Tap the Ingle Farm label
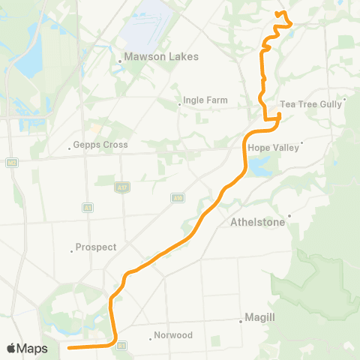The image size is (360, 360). (x=199, y=98)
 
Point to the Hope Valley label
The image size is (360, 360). (x=277, y=148)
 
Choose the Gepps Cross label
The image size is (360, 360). (x=101, y=145)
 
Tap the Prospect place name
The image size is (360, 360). (x=97, y=247)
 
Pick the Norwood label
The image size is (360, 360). (x=173, y=335)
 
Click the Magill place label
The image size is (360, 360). (x=259, y=317)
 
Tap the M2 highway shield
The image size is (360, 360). (x=13, y=162)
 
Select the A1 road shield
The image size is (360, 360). (x=88, y=207)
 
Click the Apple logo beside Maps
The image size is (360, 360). (x=12, y=348)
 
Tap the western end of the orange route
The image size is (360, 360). (x=68, y=348)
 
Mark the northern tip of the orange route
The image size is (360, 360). (x=278, y=13)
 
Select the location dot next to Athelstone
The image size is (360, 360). (x=288, y=217)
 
